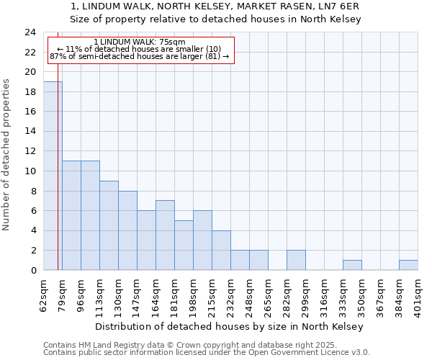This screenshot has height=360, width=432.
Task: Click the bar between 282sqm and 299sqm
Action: (x=296, y=260)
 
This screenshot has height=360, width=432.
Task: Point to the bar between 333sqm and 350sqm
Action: (x=352, y=265)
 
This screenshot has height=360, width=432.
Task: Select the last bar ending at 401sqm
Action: (x=408, y=265)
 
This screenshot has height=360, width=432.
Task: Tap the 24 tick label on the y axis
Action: (x=30, y=32)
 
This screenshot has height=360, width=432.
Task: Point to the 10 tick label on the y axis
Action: (x=30, y=171)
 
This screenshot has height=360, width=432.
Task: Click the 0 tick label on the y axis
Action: (x=33, y=270)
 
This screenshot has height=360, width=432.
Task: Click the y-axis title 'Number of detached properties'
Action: (x=7, y=155)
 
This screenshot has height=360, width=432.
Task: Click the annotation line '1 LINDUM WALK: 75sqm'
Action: (x=140, y=42)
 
